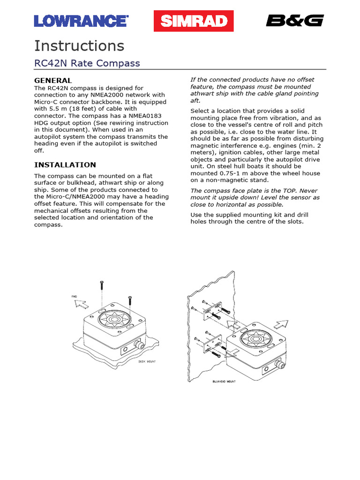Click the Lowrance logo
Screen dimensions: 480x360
pos(81,21)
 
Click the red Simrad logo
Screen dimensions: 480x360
pos(194,21)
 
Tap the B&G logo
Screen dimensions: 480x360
pos(295,21)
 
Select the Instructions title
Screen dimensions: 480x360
pos(79,46)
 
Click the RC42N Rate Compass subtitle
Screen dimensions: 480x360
pos(87,63)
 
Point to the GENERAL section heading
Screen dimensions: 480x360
pos(53,80)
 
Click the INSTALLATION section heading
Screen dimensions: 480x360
pos(65,165)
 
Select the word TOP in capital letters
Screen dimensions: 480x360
pos(292,191)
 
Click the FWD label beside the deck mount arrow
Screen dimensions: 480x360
pos(74,297)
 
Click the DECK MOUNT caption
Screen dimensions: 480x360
pos(147,362)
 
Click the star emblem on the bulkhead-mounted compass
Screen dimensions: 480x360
pos(256,336)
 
